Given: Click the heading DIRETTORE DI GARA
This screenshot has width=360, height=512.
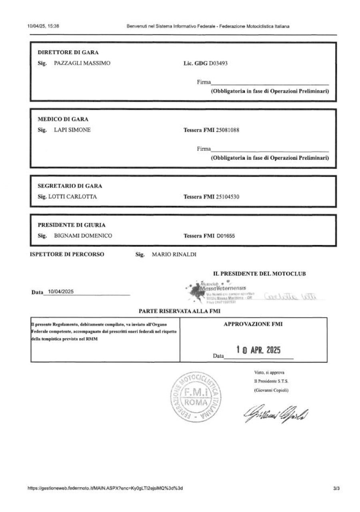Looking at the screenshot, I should point(68,52).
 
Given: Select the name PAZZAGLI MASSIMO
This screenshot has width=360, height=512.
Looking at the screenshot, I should point(82,63).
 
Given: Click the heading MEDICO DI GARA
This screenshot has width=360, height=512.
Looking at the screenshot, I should point(63,119).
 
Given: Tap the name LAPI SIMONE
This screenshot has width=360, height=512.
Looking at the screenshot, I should point(72,130).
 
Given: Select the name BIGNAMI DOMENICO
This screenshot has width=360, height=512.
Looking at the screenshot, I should point(83,236).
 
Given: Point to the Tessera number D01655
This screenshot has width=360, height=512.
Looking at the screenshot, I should point(226,236).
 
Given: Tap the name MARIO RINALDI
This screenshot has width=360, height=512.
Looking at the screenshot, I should point(174,254).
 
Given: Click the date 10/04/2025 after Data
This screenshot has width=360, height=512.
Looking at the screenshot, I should point(60,292).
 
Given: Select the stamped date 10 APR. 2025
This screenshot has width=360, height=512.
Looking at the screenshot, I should point(258,350).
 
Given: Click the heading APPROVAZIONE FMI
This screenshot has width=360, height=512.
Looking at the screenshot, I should point(253,324).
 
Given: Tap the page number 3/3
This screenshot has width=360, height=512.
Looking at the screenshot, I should point(335,488).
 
